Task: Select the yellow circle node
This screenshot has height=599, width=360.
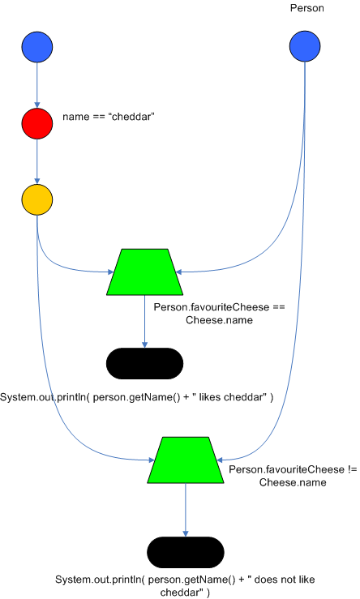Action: tap(37, 199)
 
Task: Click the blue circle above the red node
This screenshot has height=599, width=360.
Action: tap(37, 47)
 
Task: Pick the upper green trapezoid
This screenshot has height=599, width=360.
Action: tap(144, 272)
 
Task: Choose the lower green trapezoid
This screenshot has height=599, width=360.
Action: tap(186, 460)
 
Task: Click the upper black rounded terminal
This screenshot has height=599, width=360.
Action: tap(144, 364)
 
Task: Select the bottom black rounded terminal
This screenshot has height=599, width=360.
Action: tap(186, 552)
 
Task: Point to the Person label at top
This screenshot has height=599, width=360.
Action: tap(307, 8)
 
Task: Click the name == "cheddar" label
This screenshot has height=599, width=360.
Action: tap(109, 118)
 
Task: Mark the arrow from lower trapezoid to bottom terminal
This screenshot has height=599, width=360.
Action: tap(186, 510)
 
